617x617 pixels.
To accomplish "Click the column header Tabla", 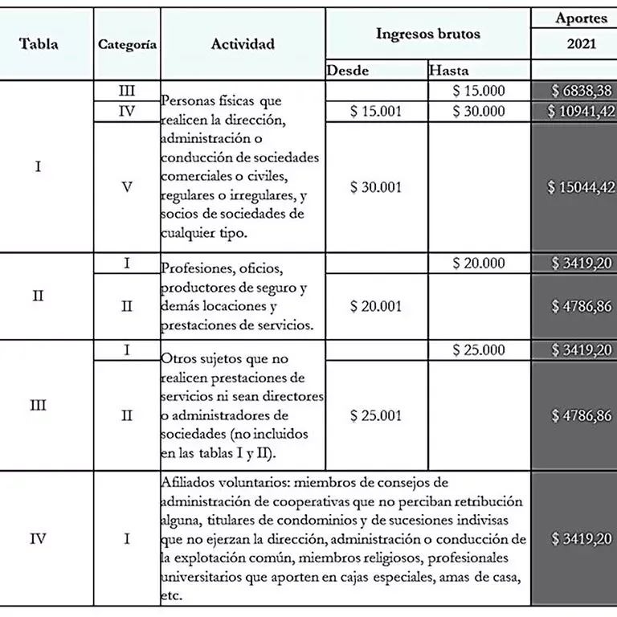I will pyautogui.click(x=39, y=44).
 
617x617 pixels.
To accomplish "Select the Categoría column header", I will pyautogui.click(x=127, y=45).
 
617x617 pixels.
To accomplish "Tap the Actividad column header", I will pyautogui.click(x=243, y=44).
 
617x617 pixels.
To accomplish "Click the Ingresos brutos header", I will pyautogui.click(x=427, y=34).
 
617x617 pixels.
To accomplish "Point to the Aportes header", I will pyautogui.click(x=581, y=18).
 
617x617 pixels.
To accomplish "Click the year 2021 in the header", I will pyautogui.click(x=581, y=44).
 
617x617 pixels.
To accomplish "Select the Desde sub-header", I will pyautogui.click(x=348, y=71).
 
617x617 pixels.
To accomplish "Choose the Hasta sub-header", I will pyautogui.click(x=449, y=71).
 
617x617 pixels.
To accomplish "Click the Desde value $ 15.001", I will pyautogui.click(x=376, y=112).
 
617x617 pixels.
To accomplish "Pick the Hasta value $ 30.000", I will pyautogui.click(x=479, y=112).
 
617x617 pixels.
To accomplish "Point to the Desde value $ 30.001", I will pyautogui.click(x=376, y=187).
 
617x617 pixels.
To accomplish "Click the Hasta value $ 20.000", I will pyautogui.click(x=479, y=263).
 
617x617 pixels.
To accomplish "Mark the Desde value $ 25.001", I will pyautogui.click(x=376, y=415).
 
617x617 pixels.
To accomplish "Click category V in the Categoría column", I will pyautogui.click(x=126, y=187).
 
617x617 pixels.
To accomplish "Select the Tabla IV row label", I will pyautogui.click(x=38, y=538).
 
